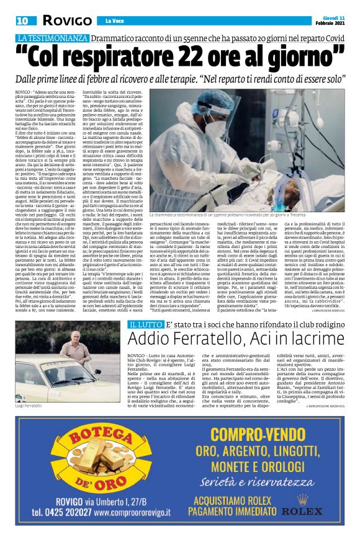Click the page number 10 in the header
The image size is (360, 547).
22,21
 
